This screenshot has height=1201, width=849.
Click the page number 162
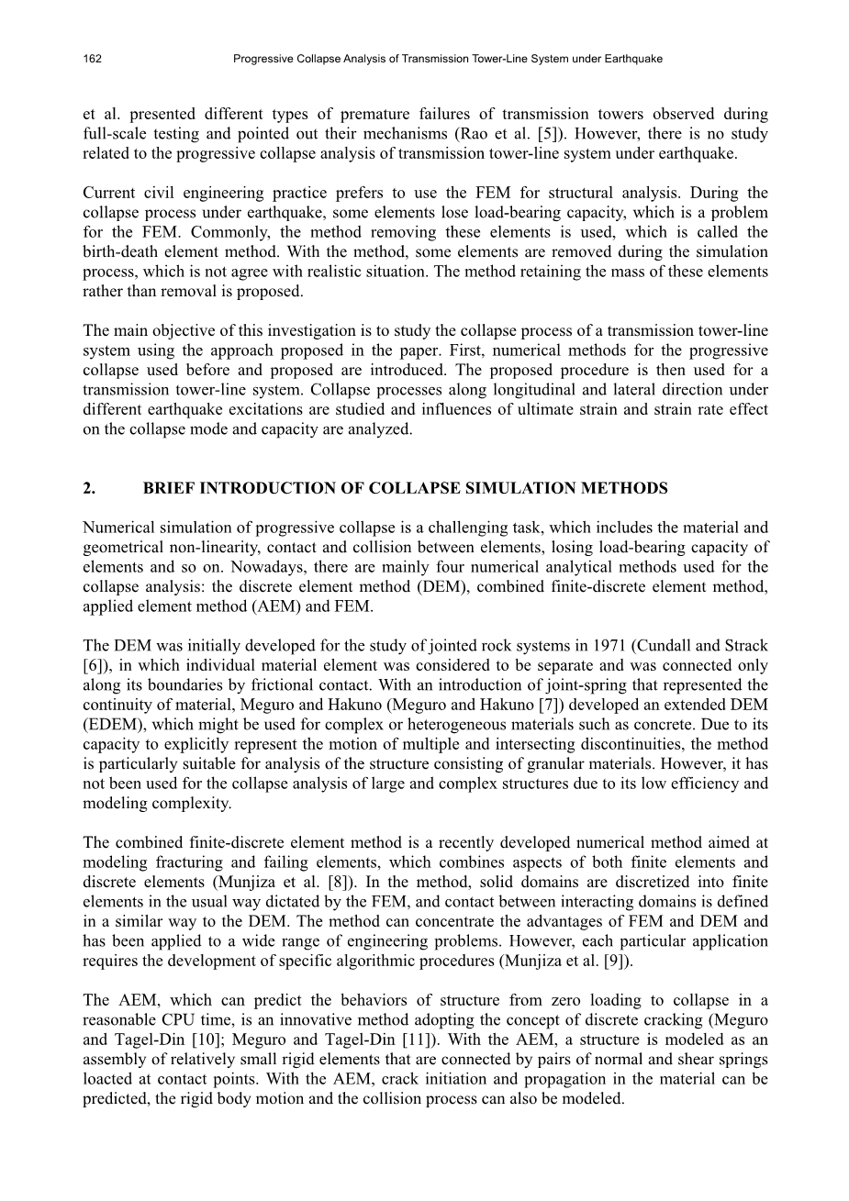92,59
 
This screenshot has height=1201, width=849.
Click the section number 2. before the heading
89,488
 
